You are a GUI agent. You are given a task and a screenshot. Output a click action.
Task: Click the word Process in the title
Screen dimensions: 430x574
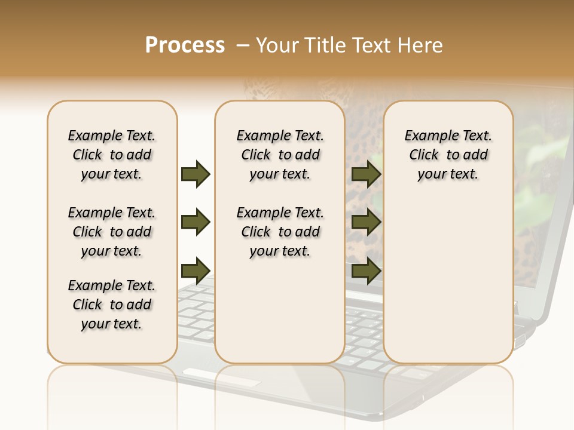point(185,45)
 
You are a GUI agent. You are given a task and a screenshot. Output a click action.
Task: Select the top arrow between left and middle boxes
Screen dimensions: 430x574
point(196,174)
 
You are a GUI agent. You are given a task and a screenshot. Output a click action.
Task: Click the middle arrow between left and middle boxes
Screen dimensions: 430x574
point(196,222)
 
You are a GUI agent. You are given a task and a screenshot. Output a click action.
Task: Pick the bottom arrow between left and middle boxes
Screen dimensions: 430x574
point(196,271)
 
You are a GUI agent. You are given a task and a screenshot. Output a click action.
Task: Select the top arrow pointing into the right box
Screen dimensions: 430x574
point(366,174)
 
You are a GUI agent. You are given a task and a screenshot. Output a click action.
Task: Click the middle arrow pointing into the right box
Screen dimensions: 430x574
point(366,222)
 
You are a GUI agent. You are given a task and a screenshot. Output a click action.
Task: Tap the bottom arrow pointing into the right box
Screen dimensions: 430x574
point(366,271)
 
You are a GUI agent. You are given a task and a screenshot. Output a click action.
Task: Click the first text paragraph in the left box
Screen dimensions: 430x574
point(112,155)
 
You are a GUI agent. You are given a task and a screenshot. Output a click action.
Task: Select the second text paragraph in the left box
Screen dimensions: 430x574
point(112,232)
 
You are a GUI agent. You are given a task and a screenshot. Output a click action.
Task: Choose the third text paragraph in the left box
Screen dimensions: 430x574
point(112,305)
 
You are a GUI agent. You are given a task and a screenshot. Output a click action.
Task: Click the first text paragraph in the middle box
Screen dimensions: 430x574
point(280,155)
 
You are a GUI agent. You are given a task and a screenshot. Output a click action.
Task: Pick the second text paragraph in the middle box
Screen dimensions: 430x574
point(280,232)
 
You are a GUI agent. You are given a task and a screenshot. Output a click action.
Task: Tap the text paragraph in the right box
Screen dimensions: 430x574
point(448,155)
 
